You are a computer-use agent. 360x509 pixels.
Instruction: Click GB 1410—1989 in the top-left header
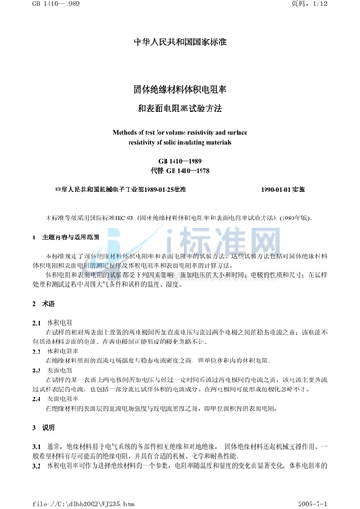[33, 7]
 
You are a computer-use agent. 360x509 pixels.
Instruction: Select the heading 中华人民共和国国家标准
[179, 41]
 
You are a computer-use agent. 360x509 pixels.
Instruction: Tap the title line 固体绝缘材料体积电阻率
[179, 91]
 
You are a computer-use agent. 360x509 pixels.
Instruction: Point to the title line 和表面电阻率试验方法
[179, 109]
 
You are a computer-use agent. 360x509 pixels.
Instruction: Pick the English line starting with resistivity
[179, 142]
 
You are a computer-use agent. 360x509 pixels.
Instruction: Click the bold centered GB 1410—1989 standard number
[179, 159]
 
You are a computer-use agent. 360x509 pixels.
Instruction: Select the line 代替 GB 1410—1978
[179, 169]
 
